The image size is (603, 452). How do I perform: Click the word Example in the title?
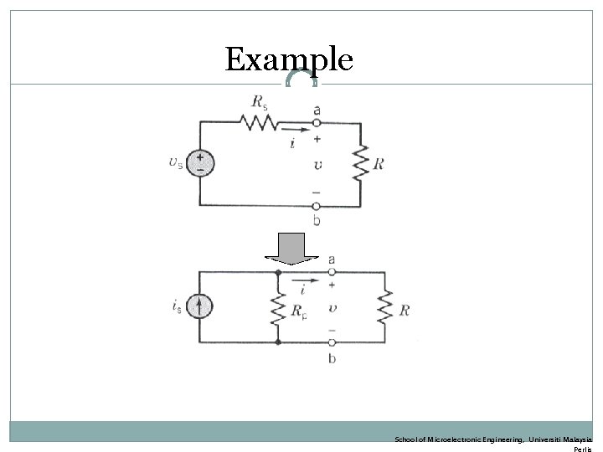tap(289, 59)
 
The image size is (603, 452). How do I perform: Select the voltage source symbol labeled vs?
tap(199, 162)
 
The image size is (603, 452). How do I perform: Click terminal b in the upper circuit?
tap(316, 205)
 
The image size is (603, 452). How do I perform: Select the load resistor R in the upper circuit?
tap(359, 164)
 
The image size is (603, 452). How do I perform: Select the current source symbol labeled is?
tap(199, 307)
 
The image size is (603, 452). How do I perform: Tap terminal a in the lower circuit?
tap(332, 272)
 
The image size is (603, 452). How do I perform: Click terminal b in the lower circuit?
tap(332, 342)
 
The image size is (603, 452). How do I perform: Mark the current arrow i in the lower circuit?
tap(307, 280)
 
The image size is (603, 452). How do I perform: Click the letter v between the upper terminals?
tap(317, 164)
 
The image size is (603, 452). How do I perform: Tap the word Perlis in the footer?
tap(583, 449)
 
